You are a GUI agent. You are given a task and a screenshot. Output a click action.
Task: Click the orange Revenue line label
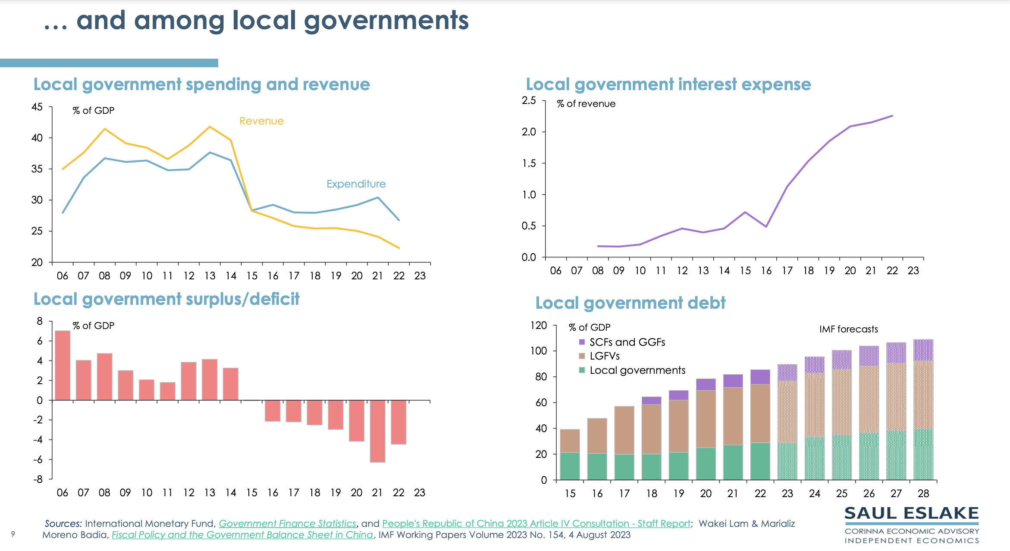tap(261, 121)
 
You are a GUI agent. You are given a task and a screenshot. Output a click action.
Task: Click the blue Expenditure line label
tap(356, 184)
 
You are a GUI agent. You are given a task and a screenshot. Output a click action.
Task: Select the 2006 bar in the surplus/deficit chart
tap(63, 365)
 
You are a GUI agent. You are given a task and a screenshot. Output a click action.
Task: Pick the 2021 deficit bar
tap(377, 431)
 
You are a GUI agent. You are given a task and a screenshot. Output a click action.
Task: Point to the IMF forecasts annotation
tap(848, 329)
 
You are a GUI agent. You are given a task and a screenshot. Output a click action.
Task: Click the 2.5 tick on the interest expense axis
tap(529, 100)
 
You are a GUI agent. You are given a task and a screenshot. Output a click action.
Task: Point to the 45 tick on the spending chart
tap(37, 107)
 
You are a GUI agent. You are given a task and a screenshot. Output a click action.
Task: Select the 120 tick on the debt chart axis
tap(538, 326)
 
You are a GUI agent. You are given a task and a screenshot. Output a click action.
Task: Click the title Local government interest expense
tap(668, 85)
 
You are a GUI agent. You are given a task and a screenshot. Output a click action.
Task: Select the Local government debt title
tap(630, 303)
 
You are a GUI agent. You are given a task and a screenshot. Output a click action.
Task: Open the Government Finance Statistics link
tap(287, 523)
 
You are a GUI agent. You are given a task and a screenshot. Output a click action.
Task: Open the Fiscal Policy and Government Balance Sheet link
tap(242, 535)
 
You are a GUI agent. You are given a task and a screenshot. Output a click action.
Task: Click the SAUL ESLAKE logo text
tap(911, 513)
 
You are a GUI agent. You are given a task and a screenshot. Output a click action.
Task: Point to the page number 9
tap(13, 534)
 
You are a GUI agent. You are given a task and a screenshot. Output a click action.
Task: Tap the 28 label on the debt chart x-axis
tap(923, 494)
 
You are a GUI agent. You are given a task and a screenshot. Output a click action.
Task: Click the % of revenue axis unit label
tap(586, 104)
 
